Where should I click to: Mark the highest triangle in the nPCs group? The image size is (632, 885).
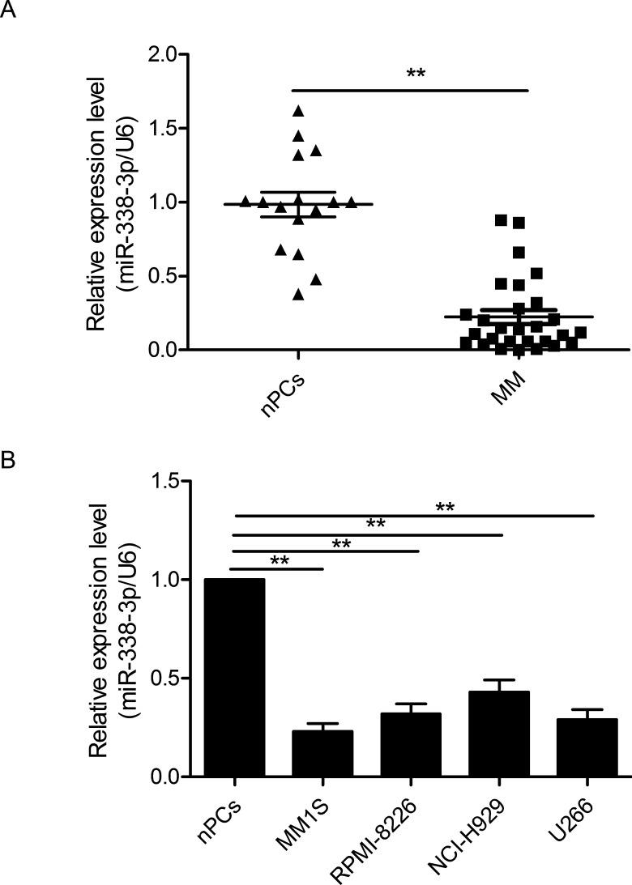coord(298,110)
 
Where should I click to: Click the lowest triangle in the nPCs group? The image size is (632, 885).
coord(298,295)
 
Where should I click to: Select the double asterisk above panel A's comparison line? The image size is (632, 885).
coord(416,74)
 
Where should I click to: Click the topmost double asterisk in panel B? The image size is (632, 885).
coord(445,508)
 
